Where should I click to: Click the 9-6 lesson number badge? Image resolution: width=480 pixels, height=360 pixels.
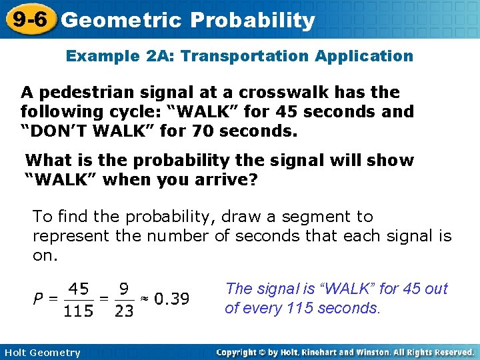click(27, 19)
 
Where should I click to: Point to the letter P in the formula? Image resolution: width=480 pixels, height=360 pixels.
click(41, 299)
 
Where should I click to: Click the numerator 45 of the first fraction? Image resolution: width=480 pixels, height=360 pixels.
click(79, 289)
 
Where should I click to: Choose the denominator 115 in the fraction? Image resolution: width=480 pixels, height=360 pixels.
click(79, 311)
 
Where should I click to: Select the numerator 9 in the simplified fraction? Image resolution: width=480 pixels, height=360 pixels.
click(124, 289)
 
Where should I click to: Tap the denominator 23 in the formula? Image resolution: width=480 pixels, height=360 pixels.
click(124, 311)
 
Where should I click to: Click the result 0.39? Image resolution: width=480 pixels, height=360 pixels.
click(171, 299)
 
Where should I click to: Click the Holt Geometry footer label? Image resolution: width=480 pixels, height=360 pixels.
click(41, 353)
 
